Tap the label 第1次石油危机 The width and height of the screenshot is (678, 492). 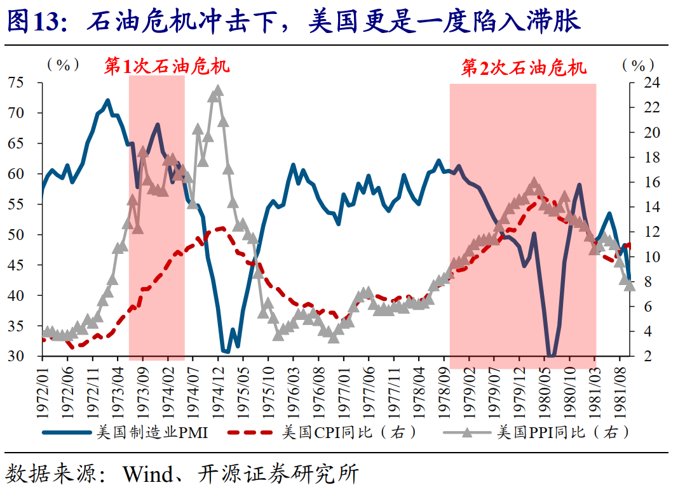pos(167,67)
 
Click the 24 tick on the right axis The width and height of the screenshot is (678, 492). pos(644,83)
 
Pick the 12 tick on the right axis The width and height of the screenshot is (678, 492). pos(644,232)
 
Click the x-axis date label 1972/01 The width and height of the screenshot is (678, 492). pos(42,390)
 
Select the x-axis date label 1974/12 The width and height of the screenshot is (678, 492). pos(218,390)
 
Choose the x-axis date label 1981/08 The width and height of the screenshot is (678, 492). pos(620,390)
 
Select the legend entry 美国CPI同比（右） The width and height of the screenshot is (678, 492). pos(350,432)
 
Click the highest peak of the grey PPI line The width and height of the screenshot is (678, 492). pos(218,90)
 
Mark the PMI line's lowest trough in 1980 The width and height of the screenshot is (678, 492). pos(551,356)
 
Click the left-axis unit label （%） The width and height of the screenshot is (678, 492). pos(63,65)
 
